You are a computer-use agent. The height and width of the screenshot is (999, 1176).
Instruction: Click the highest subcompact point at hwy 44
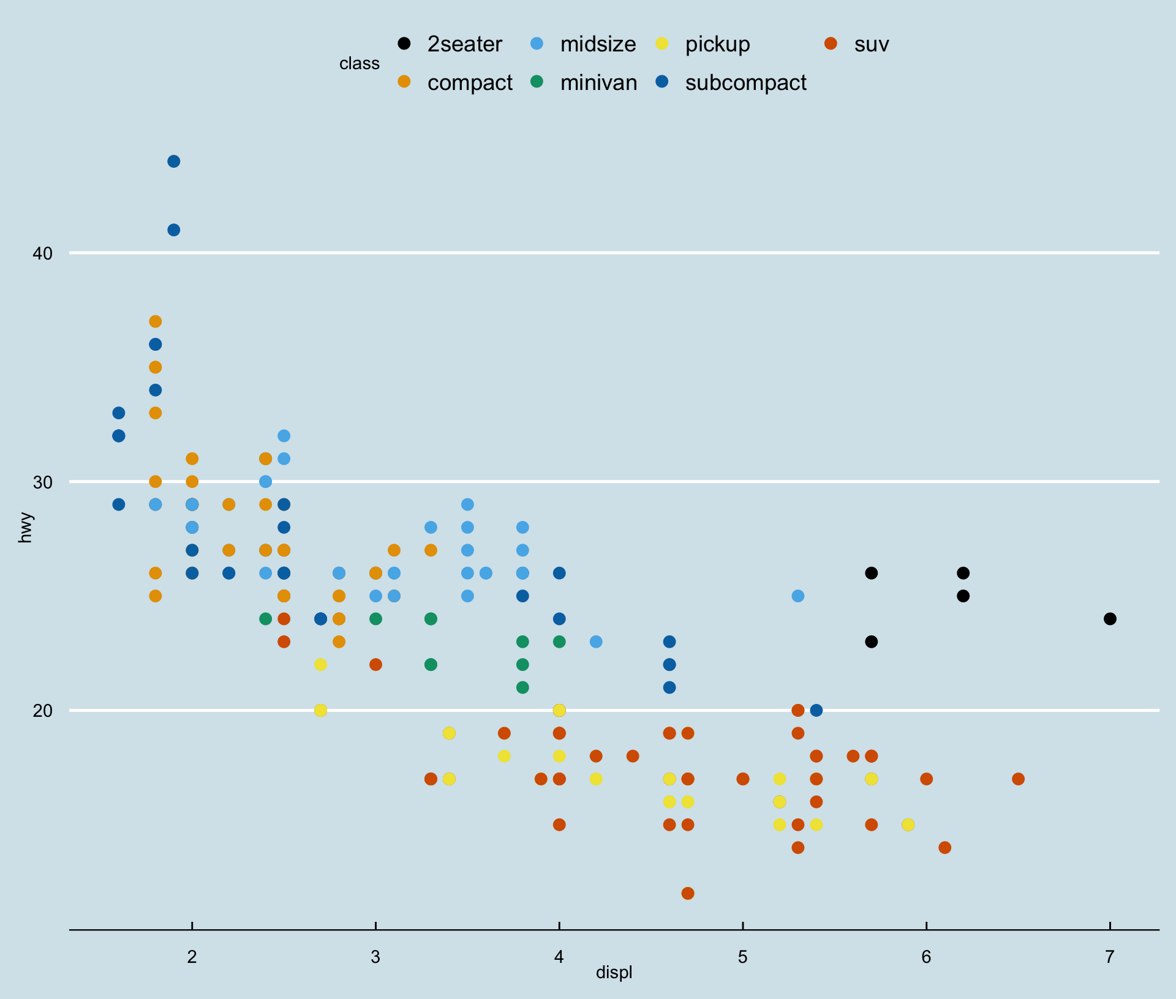[x=174, y=162]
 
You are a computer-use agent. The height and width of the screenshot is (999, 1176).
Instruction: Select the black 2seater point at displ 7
[x=1110, y=619]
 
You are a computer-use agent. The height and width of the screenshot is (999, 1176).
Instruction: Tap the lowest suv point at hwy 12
[x=688, y=893]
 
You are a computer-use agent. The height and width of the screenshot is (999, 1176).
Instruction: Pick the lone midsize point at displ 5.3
[x=797, y=596]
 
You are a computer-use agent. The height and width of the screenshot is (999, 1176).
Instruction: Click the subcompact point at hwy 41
[x=174, y=230]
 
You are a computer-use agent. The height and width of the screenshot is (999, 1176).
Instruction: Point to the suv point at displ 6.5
[x=1018, y=779]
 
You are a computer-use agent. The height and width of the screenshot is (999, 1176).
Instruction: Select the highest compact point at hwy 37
[x=156, y=321]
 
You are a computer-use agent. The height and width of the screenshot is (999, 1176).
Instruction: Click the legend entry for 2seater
[x=464, y=44]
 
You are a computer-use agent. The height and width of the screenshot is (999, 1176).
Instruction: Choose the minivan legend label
[x=598, y=83]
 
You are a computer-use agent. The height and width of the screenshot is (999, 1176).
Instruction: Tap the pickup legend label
[x=717, y=44]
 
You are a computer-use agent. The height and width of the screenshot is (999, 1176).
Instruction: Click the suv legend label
[x=871, y=44]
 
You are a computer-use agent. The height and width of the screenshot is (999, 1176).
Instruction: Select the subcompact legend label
[x=745, y=83]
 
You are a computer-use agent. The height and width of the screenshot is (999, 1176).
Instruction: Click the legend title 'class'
[x=360, y=64]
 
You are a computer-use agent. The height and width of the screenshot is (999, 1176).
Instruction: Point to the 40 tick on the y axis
[x=43, y=253]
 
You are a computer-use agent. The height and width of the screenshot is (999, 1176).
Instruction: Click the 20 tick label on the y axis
[x=43, y=711]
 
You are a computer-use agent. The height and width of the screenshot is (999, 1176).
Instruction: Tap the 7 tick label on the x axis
[x=1110, y=956]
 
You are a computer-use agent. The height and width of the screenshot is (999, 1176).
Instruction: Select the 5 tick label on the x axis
[x=742, y=956]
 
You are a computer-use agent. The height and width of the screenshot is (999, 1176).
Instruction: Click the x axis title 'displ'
[x=614, y=973]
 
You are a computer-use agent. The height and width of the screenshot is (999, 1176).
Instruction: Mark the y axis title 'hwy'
[x=25, y=528]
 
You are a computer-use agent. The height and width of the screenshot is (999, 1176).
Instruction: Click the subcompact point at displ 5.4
[x=816, y=710]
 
